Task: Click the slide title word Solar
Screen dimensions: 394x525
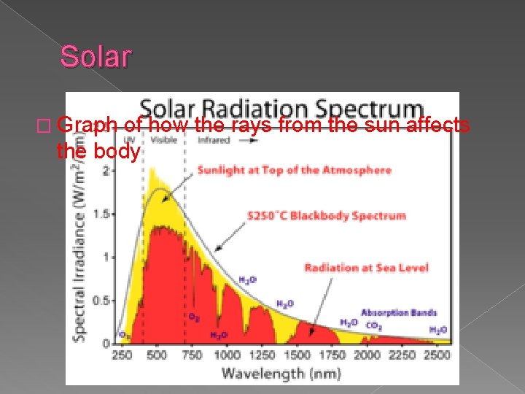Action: pyautogui.click(x=96, y=56)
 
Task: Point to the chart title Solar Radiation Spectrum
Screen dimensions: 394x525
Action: pyautogui.click(x=281, y=109)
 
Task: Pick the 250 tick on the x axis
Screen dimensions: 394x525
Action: pyautogui.click(x=122, y=355)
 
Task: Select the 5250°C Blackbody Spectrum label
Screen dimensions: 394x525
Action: pyautogui.click(x=327, y=216)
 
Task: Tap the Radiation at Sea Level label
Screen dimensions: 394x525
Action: pyautogui.click(x=366, y=268)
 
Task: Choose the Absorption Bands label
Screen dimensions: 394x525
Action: pyautogui.click(x=399, y=312)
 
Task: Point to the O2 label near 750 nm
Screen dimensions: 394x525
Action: pyautogui.click(x=194, y=317)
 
